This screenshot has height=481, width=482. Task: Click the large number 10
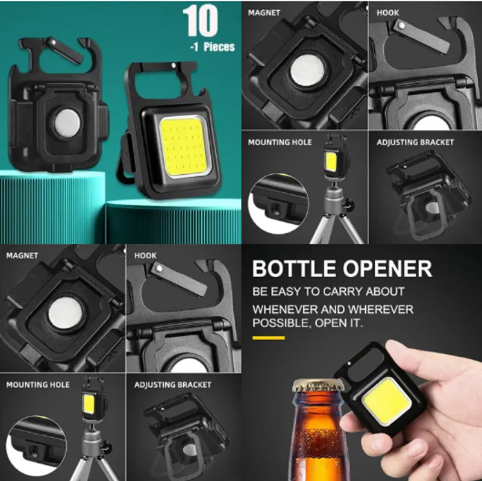point(200,20)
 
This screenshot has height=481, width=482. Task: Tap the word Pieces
point(219,47)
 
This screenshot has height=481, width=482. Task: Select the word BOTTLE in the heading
point(294,268)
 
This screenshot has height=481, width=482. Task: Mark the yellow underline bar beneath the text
point(269,338)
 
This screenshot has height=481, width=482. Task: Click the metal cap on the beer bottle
point(318,385)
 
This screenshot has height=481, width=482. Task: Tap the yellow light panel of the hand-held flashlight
point(387,401)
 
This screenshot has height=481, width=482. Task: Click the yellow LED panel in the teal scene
point(184,147)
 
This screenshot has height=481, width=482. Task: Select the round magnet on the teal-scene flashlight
point(67,124)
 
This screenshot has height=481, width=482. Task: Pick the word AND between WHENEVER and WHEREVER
point(332,309)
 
